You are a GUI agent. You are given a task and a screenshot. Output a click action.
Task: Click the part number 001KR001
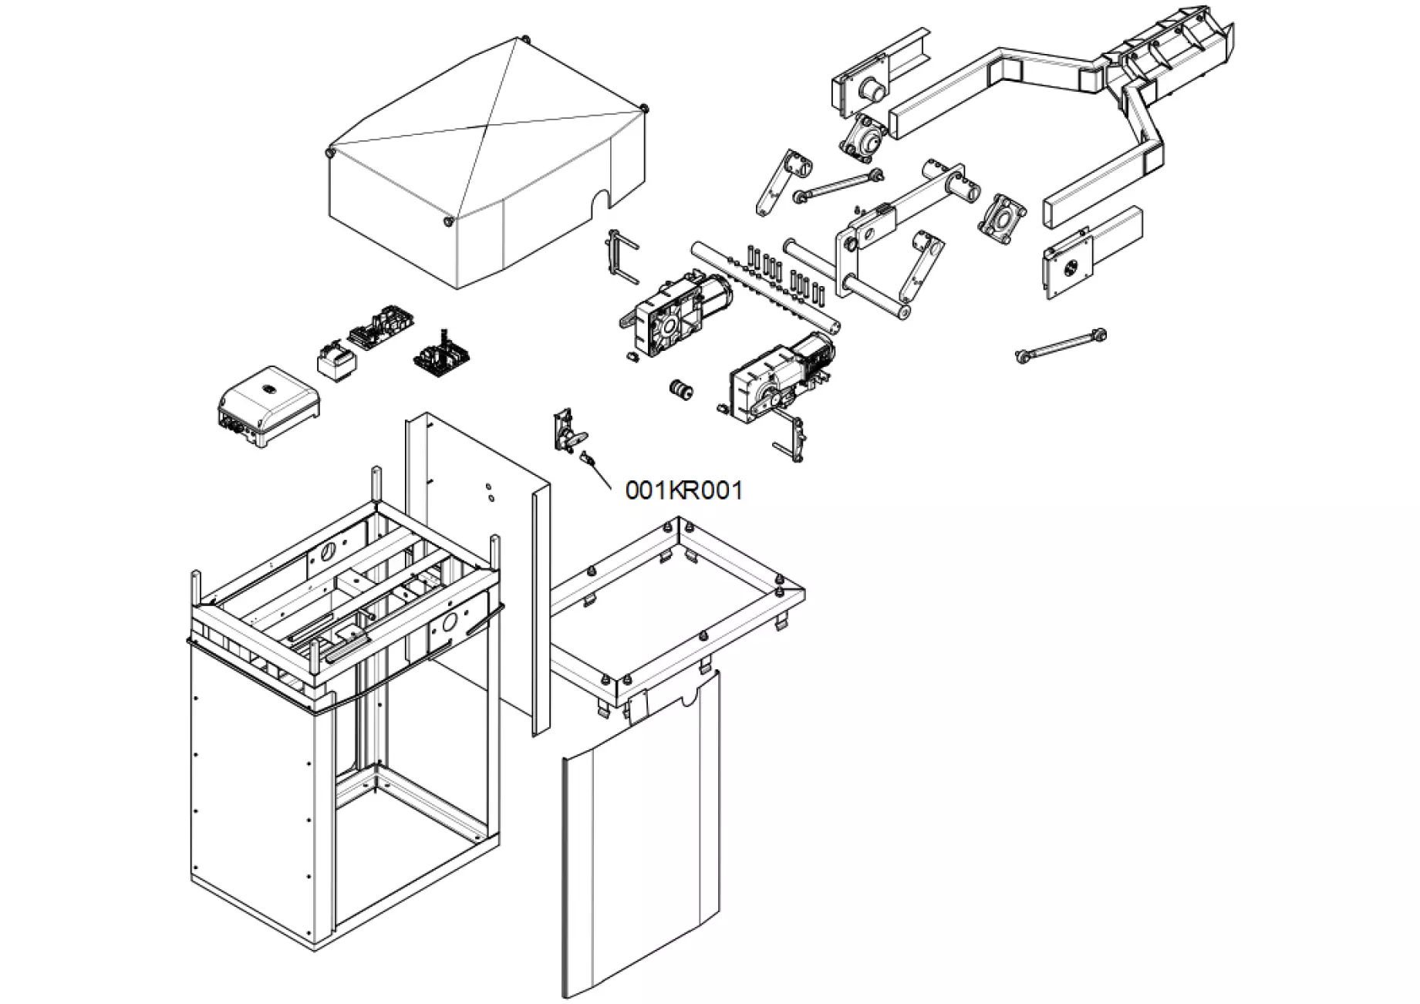tap(684, 490)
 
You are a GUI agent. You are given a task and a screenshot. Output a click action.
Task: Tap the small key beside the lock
tap(589, 460)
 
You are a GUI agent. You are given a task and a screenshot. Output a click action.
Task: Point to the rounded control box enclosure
tap(267, 406)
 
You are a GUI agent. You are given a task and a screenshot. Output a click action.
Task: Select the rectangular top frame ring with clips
tap(679, 609)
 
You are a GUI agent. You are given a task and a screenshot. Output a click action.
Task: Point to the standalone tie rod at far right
tap(1062, 345)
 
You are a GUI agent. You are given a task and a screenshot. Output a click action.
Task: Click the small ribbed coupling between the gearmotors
tap(680, 389)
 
